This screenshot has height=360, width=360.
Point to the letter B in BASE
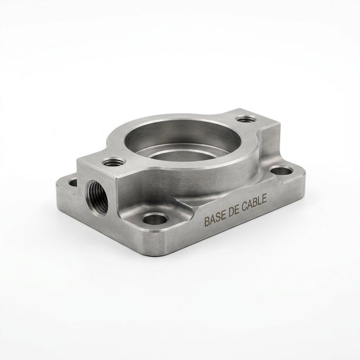(206, 222)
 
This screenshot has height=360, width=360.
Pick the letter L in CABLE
(260, 201)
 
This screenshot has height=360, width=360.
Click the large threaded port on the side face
(96, 198)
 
